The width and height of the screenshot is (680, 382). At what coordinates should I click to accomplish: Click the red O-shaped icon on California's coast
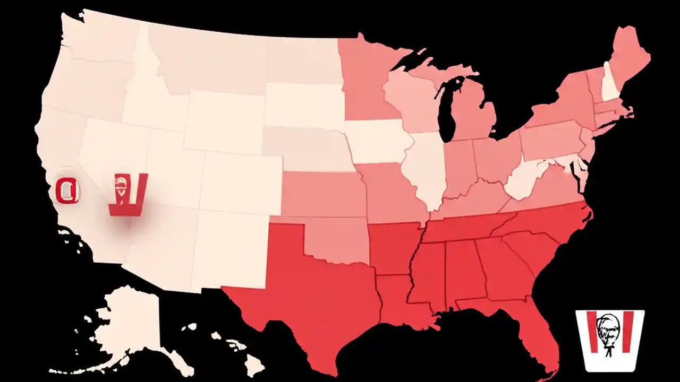tap(67, 190)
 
